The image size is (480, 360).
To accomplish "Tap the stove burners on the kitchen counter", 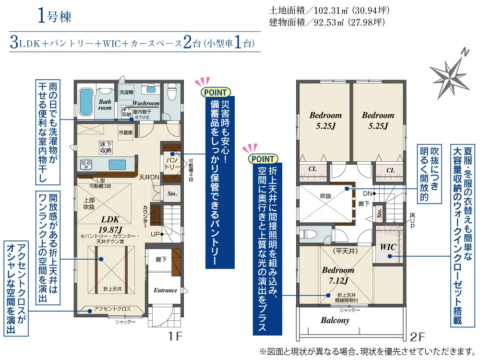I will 86,165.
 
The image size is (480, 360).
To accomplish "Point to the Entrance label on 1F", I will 165,290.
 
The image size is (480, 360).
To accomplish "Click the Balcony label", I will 335,320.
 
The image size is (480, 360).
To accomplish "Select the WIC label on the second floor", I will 387,247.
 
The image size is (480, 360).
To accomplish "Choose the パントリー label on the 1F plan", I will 172,162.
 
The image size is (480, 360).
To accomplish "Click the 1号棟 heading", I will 54,17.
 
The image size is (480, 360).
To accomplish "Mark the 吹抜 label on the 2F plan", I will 326,195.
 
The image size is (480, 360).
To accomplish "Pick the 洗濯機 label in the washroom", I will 127,92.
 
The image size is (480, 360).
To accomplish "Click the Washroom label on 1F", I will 146,103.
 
